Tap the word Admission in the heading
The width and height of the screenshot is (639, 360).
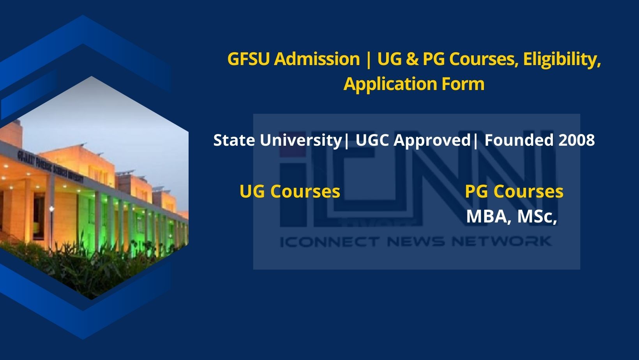pyautogui.click(x=317, y=59)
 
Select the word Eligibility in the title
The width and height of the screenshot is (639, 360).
pyautogui.click(x=561, y=59)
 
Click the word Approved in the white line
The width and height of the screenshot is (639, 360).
pyautogui.click(x=432, y=140)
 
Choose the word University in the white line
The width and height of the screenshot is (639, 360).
pyautogui.click(x=300, y=140)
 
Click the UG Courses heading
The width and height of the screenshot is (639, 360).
pyautogui.click(x=290, y=192)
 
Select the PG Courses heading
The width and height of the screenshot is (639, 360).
pyautogui.click(x=514, y=192)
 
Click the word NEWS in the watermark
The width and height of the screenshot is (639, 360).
pyautogui.click(x=416, y=242)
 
